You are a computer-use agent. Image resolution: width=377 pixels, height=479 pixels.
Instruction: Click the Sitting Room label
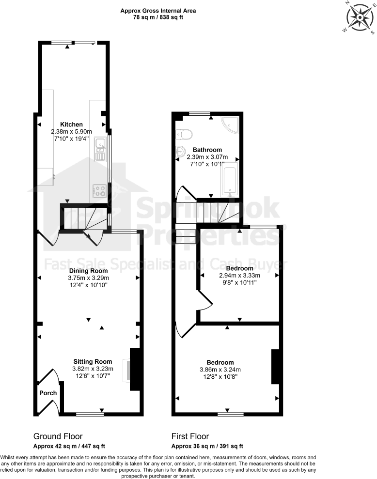click(x=93, y=361)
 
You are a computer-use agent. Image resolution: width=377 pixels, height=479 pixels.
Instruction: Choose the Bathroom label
click(x=207, y=150)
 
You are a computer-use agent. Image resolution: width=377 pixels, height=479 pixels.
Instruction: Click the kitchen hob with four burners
click(x=100, y=191)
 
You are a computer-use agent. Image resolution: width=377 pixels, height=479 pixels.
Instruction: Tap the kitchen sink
click(x=100, y=149)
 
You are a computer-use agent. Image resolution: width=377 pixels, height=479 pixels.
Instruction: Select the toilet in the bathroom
click(x=185, y=133)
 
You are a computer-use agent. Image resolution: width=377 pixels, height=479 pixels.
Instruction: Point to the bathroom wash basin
click(x=180, y=151)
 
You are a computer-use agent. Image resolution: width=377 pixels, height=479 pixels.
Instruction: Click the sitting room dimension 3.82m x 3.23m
click(x=93, y=369)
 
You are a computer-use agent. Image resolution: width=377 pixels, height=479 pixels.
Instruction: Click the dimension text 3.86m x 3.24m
click(x=220, y=370)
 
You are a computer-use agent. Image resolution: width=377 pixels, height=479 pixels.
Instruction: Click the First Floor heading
click(x=190, y=436)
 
